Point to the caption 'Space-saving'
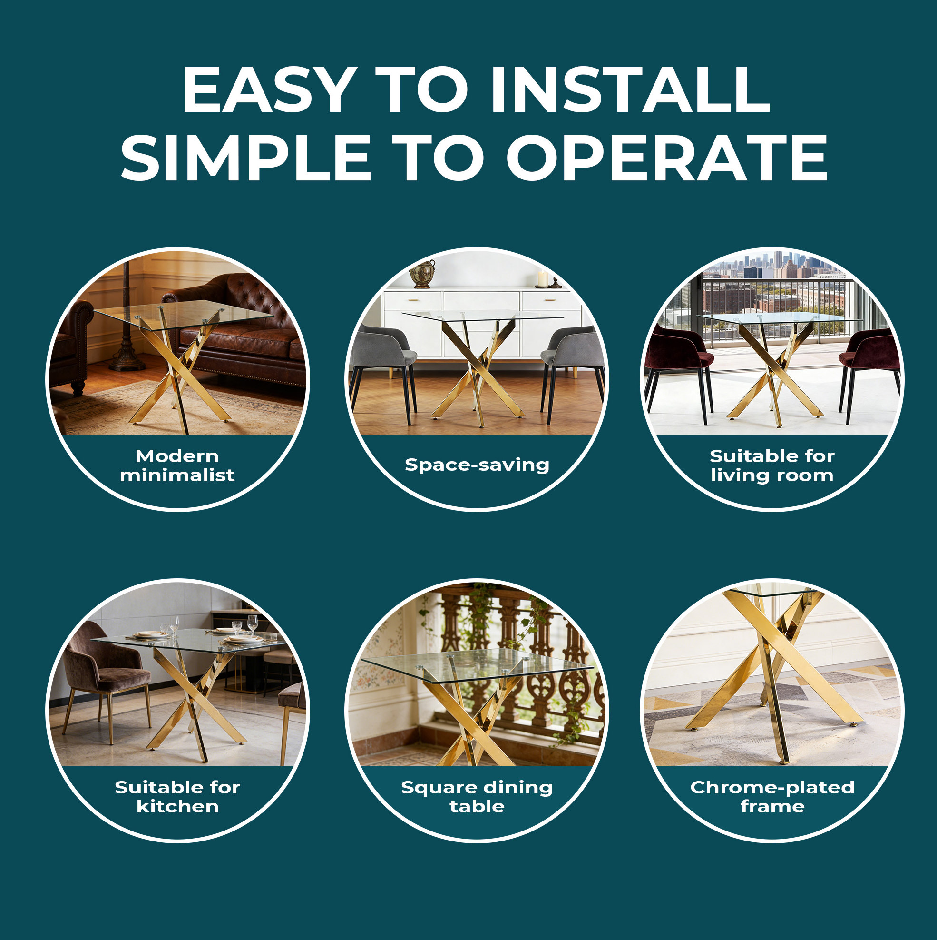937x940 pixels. (477, 465)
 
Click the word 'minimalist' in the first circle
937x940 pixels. (177, 475)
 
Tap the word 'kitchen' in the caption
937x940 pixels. (177, 807)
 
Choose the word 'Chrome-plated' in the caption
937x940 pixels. (772, 788)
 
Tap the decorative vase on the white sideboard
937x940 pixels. (421, 274)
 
